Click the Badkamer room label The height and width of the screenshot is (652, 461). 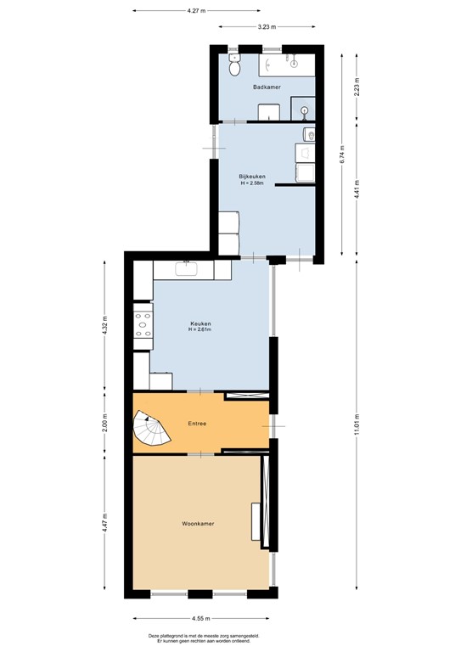pos(267,87)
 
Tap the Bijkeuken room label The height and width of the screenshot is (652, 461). pos(252,176)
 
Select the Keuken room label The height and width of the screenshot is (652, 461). pos(200,323)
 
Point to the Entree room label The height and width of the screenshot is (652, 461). pos(198,423)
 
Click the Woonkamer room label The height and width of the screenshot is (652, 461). pos(198,524)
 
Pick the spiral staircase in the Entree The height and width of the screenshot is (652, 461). pos(151,428)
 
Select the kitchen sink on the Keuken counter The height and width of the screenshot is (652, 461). pos(188,270)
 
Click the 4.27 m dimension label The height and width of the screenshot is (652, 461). pos(198,11)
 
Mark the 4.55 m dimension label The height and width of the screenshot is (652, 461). pos(201,619)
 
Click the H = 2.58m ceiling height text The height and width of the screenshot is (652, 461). pos(252,183)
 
